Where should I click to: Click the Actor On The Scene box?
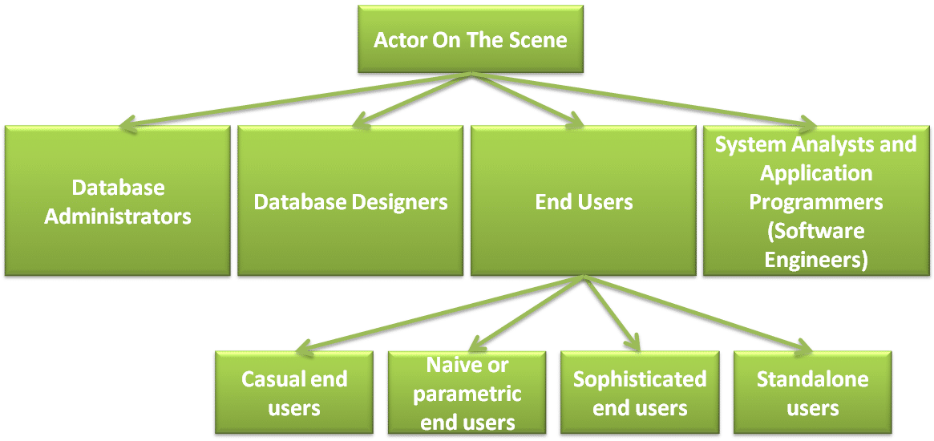pyautogui.click(x=471, y=39)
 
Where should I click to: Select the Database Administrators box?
pyautogui.click(x=118, y=201)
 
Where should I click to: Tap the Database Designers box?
pyautogui.click(x=350, y=201)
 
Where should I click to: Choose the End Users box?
pyautogui.click(x=584, y=201)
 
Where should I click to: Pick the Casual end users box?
pyautogui.click(x=294, y=392)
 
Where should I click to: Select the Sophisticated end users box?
pyautogui.click(x=640, y=392)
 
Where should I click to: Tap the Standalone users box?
pyautogui.click(x=812, y=392)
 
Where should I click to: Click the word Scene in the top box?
pyautogui.click(x=536, y=40)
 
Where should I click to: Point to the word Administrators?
pyautogui.click(x=118, y=216)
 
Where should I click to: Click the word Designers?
pyautogui.click(x=399, y=201)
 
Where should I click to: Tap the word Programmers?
pyautogui.click(x=816, y=201)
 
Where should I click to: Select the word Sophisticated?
pyautogui.click(x=640, y=378)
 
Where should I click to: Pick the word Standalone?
pyautogui.click(x=812, y=378)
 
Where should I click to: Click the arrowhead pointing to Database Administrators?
pyautogui.click(x=123, y=125)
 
